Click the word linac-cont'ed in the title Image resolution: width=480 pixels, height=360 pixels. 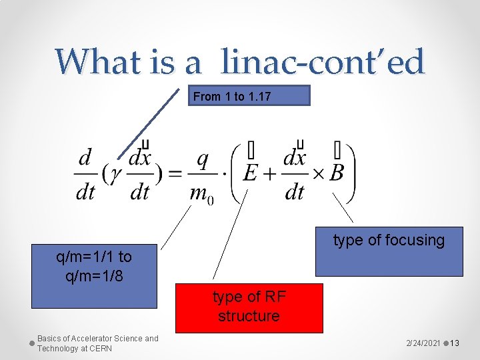point(323,63)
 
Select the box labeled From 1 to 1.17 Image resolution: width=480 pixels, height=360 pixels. point(251,96)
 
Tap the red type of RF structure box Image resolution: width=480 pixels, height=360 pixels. point(249,307)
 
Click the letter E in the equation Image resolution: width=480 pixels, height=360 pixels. point(251,173)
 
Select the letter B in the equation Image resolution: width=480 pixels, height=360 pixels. point(337,173)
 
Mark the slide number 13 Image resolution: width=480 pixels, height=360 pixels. point(455,343)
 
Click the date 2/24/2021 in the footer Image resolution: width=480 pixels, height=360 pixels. point(423,343)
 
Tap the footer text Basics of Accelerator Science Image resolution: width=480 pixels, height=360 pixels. point(97,343)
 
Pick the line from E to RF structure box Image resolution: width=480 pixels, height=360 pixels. point(230,233)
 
